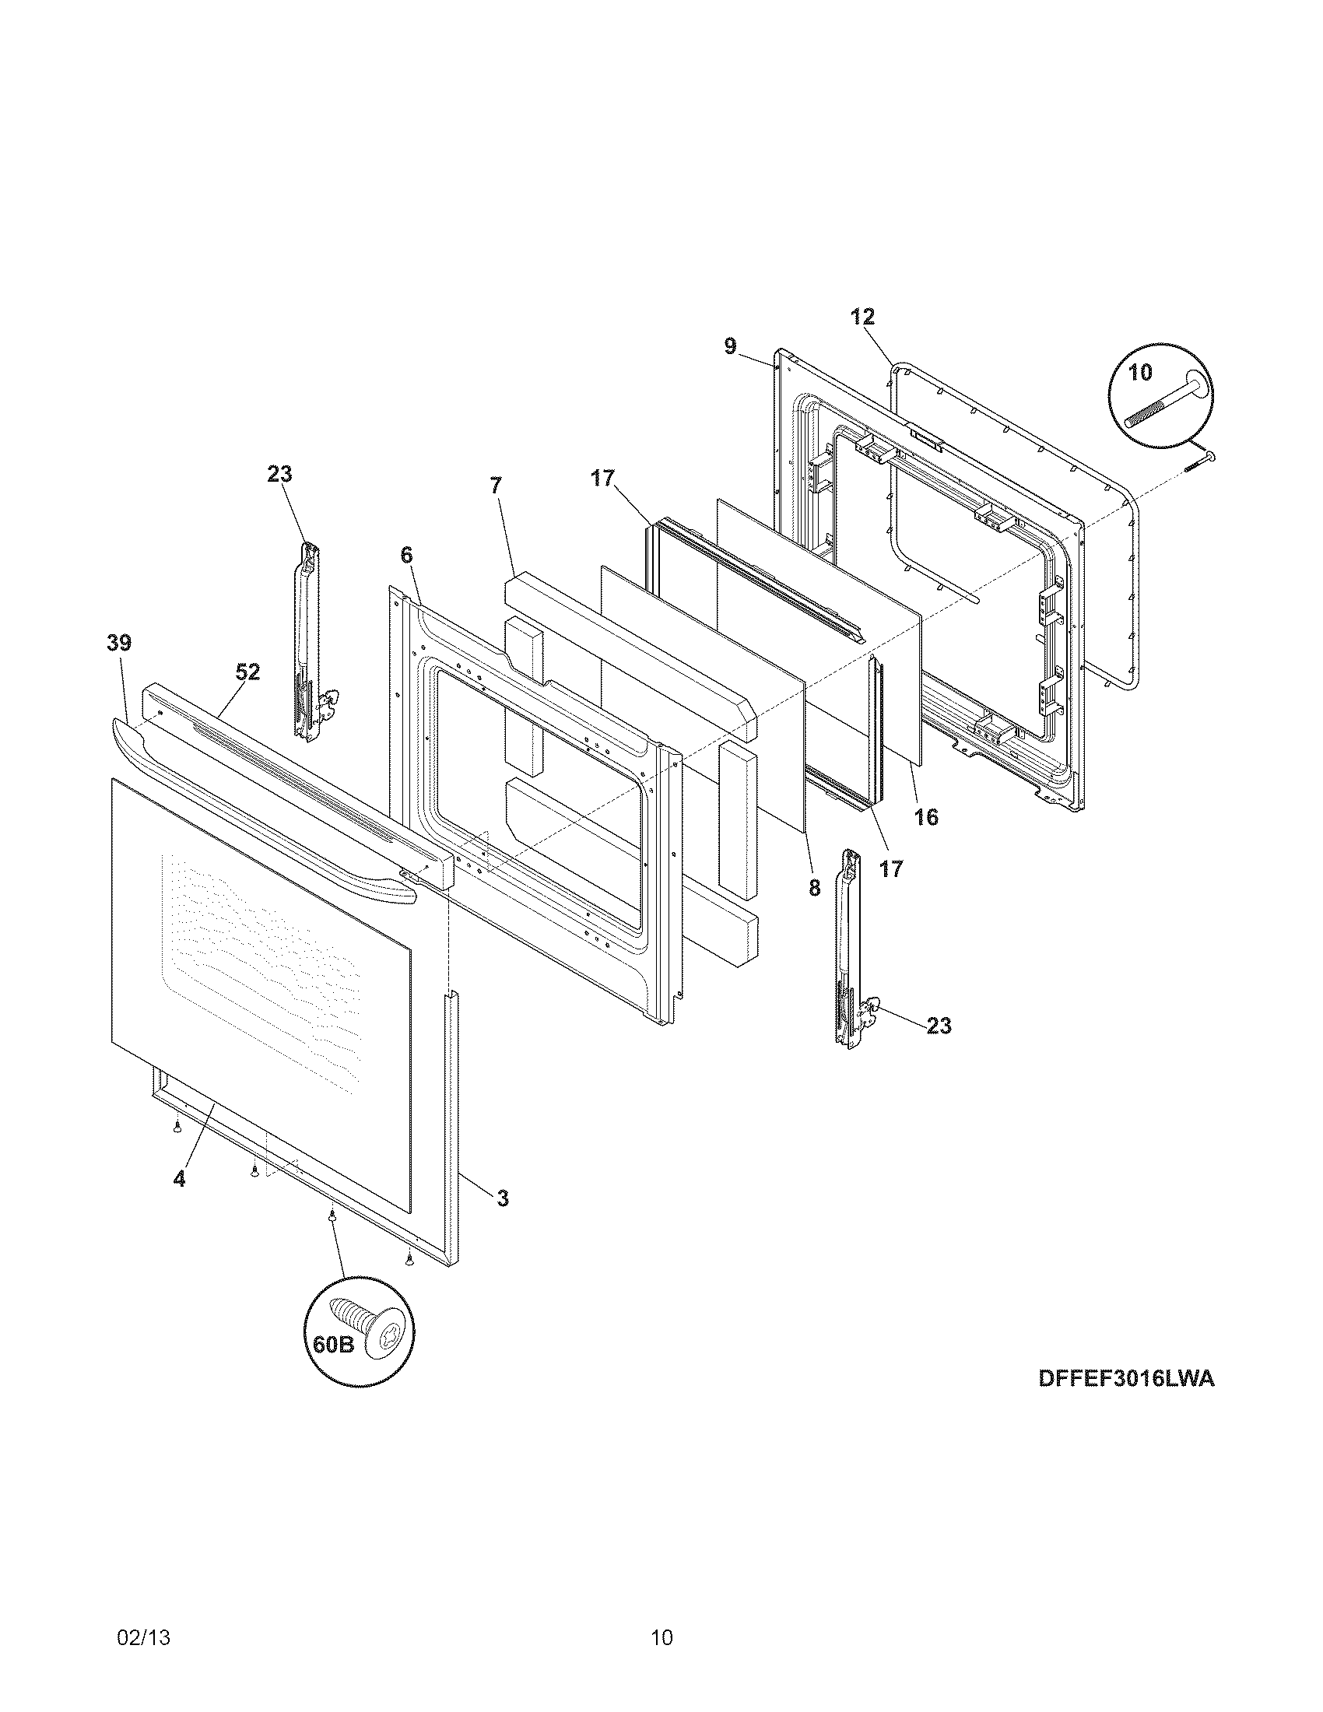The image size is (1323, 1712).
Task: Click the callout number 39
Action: [x=119, y=644]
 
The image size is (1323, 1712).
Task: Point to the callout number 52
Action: [x=247, y=672]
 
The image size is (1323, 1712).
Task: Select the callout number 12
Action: [x=862, y=317]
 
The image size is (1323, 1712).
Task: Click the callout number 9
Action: [x=730, y=346]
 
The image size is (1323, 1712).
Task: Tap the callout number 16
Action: [x=925, y=818]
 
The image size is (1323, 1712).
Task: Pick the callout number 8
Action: [x=814, y=888]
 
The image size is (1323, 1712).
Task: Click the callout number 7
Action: [x=495, y=486]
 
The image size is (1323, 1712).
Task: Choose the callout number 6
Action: [x=406, y=555]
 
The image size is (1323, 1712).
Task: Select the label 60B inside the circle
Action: [x=334, y=1345]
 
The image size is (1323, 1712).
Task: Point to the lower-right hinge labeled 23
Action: [x=849, y=947]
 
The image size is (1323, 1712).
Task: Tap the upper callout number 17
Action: [x=602, y=478]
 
